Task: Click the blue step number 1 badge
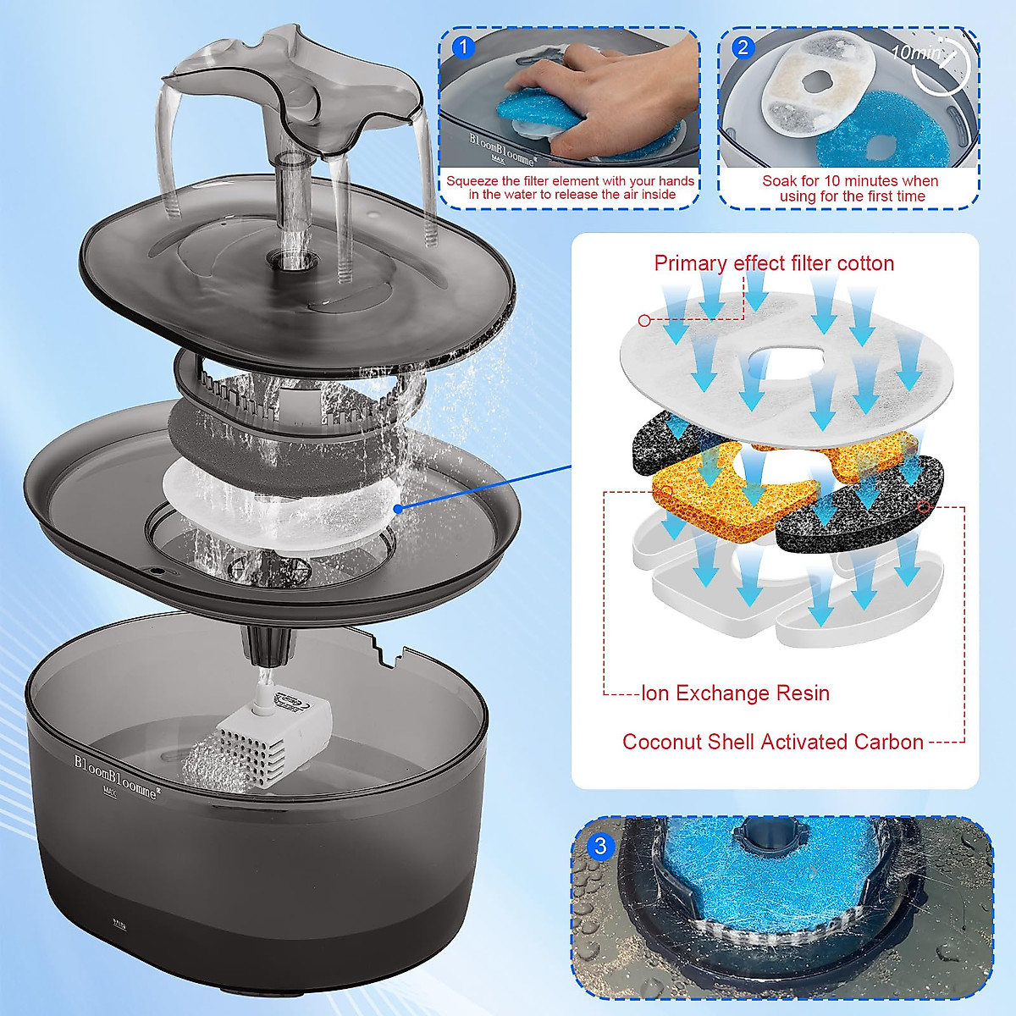(x=463, y=47)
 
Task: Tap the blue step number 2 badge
(x=743, y=47)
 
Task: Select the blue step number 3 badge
(x=600, y=846)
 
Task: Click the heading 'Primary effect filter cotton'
(x=774, y=263)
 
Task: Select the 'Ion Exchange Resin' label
(x=735, y=693)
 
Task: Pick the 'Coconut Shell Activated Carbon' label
(x=772, y=742)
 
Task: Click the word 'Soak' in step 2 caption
(x=779, y=181)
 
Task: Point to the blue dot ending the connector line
(x=398, y=508)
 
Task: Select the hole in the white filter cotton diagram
(x=786, y=359)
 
